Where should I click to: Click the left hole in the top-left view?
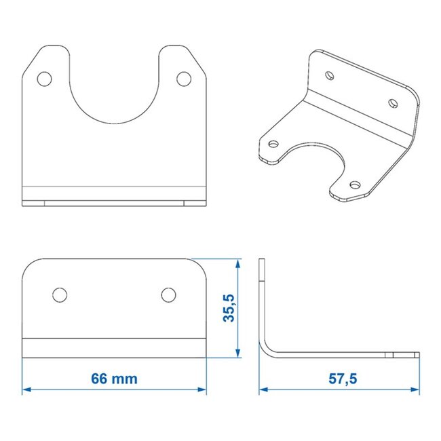pyautogui.click(x=45, y=79)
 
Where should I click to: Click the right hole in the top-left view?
pyautogui.click(x=183, y=79)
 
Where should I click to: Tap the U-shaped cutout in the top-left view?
pyautogui.click(x=114, y=95)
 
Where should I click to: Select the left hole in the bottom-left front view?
pyautogui.click(x=60, y=294)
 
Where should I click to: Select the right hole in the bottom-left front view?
pyautogui.click(x=168, y=294)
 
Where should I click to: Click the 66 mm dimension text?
pyautogui.click(x=114, y=379)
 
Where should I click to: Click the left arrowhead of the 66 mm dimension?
pyautogui.click(x=27, y=389)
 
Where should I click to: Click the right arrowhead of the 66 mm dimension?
pyautogui.click(x=202, y=389)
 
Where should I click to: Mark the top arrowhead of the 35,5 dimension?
pyautogui.click(x=237, y=263)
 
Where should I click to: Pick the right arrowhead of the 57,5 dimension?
pyautogui.click(x=415, y=389)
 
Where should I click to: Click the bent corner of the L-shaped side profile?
pyautogui.click(x=269, y=349)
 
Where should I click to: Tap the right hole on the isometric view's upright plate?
pyautogui.click(x=392, y=102)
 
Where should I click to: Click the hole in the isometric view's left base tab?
pyautogui.click(x=275, y=144)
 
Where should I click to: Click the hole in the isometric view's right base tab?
pyautogui.click(x=353, y=183)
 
